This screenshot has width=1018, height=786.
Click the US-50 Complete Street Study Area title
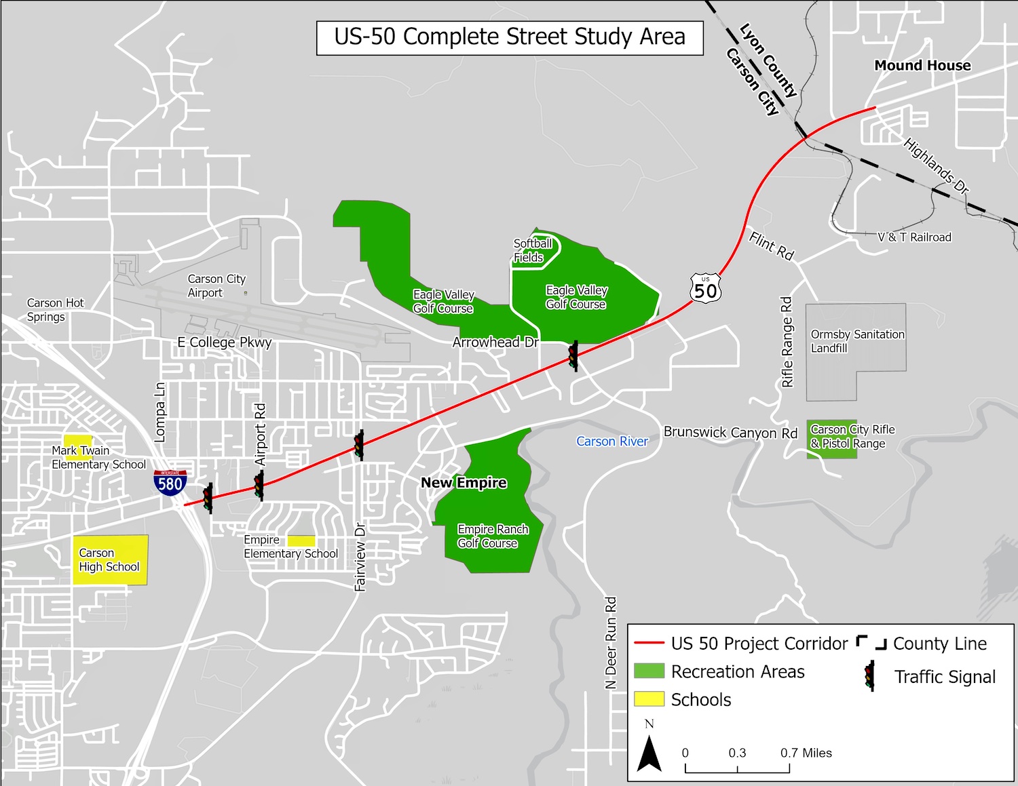coord(510,37)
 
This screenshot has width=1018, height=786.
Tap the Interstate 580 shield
coord(170,482)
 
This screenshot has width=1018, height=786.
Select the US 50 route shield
coord(705,289)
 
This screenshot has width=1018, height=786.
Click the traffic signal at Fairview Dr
coord(358,445)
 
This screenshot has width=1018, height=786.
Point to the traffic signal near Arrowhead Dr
coord(573,355)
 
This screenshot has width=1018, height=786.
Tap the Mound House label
coord(922,66)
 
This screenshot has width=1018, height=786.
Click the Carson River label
coord(612,441)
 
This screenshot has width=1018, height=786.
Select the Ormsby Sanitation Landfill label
coord(857,341)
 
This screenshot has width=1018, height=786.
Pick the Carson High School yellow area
coord(110,560)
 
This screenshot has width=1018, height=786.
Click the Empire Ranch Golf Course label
coord(492,536)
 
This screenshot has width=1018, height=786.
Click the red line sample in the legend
coord(648,644)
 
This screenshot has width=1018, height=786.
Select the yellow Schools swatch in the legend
coord(649,699)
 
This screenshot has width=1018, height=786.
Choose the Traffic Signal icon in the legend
coord(869,676)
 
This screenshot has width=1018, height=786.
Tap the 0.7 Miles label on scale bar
coord(806,753)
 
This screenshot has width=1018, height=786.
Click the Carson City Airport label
coord(216,286)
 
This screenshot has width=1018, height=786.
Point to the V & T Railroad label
coord(914,237)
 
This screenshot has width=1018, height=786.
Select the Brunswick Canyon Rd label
coord(730,433)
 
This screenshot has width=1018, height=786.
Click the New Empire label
coord(464,483)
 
